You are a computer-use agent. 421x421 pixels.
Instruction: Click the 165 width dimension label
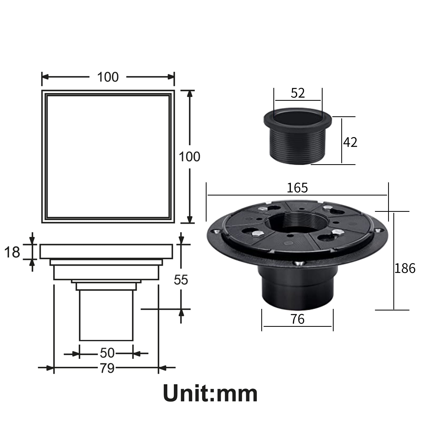click(x=297, y=188)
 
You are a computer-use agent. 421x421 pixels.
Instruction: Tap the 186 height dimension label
click(x=405, y=268)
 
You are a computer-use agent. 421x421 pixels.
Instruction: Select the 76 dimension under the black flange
click(x=297, y=319)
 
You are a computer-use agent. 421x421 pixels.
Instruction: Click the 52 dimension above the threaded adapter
click(x=298, y=93)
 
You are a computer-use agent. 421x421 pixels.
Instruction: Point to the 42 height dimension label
click(x=350, y=142)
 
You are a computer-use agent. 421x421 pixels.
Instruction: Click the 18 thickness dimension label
click(x=12, y=252)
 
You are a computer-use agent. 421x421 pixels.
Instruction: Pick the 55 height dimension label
click(x=181, y=280)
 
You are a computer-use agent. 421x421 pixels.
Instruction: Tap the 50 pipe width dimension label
click(x=107, y=353)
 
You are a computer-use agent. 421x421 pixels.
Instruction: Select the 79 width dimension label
click(x=107, y=368)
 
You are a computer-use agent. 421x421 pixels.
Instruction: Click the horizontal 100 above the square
click(x=108, y=77)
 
